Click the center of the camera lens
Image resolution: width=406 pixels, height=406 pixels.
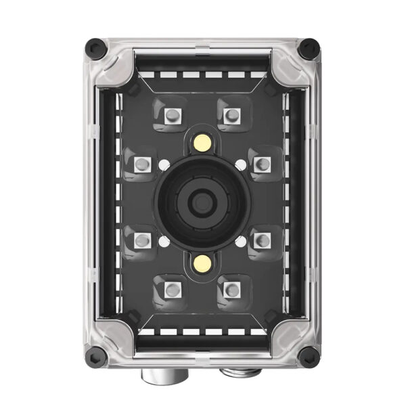(202, 200)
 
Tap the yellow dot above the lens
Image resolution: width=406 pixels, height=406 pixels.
(201, 142)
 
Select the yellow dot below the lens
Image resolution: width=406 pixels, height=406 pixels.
(201, 261)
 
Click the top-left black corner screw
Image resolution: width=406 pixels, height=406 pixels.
(95, 47)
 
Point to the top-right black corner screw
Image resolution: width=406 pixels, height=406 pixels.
(309, 47)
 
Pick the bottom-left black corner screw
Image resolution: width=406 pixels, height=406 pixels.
(95, 354)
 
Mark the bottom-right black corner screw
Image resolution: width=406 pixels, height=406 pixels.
(309, 354)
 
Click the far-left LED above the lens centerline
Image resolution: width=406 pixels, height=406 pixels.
(143, 164)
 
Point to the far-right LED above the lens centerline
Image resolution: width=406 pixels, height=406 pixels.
(262, 164)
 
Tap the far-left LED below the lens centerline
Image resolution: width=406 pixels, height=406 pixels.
(143, 240)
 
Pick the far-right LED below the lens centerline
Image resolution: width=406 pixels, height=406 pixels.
(262, 240)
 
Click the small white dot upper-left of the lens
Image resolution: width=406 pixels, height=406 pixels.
(163, 163)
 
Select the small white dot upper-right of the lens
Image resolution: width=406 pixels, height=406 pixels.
(241, 163)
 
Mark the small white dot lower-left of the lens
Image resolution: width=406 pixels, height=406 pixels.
(163, 240)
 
